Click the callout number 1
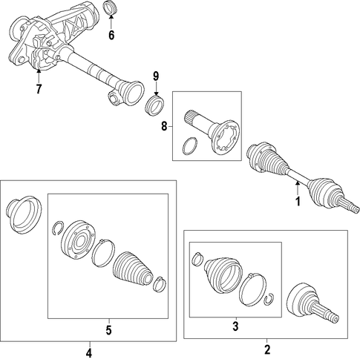298,202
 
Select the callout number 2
267,350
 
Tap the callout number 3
235,326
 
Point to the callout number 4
89,353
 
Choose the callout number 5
109,330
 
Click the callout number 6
111,36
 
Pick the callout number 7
39,89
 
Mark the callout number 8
164,127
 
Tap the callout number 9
156,76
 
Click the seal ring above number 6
111,8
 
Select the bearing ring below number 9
155,105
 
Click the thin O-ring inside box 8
190,146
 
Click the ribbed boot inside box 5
132,270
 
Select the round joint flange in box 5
78,240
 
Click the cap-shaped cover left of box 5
24,214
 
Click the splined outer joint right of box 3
312,303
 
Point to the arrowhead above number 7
39,71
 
